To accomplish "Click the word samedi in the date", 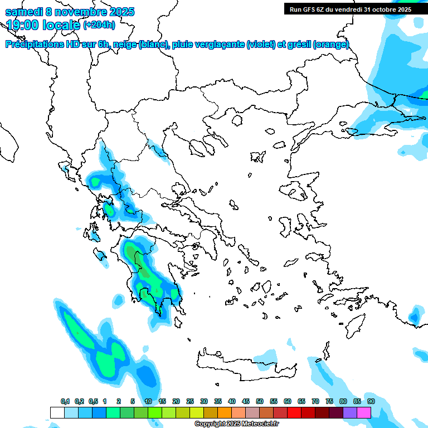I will click(24, 12).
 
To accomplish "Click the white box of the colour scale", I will click(57, 413).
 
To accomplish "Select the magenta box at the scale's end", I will click(364, 413).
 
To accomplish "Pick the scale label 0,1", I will click(65, 401).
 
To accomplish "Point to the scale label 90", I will click(371, 401).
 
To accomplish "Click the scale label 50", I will click(260, 401).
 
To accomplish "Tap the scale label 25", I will click(190, 401).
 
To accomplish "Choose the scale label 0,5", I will click(93, 401).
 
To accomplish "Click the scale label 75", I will click(329, 401).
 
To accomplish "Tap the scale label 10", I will click(148, 401).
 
